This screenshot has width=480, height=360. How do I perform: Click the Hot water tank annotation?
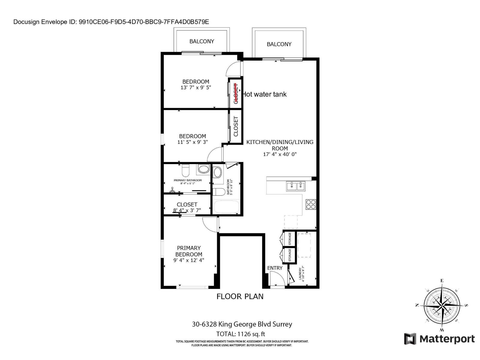coord(265,94)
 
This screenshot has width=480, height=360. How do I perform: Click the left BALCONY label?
coord(202,41)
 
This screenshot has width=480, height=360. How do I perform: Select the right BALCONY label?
coord(279,44)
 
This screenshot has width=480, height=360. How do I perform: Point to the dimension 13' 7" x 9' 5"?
coord(196,88)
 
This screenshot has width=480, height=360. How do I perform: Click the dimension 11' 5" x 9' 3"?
coord(192,142)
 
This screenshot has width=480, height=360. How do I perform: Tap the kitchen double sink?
coord(295,186)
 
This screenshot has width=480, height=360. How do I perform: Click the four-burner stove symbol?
coord(311,204)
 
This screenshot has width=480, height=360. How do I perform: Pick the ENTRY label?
coord(275,268)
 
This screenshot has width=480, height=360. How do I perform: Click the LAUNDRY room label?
coord(301,273)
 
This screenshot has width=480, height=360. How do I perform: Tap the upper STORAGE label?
coord(290,239)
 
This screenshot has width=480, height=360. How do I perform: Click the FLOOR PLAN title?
coord(240,296)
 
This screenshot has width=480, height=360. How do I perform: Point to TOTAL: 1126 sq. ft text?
coord(241,334)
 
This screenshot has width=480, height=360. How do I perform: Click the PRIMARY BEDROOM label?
coord(189,251)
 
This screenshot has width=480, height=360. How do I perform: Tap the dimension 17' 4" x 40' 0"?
coord(280,154)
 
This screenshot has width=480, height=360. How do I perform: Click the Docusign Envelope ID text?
coord(111,22)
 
